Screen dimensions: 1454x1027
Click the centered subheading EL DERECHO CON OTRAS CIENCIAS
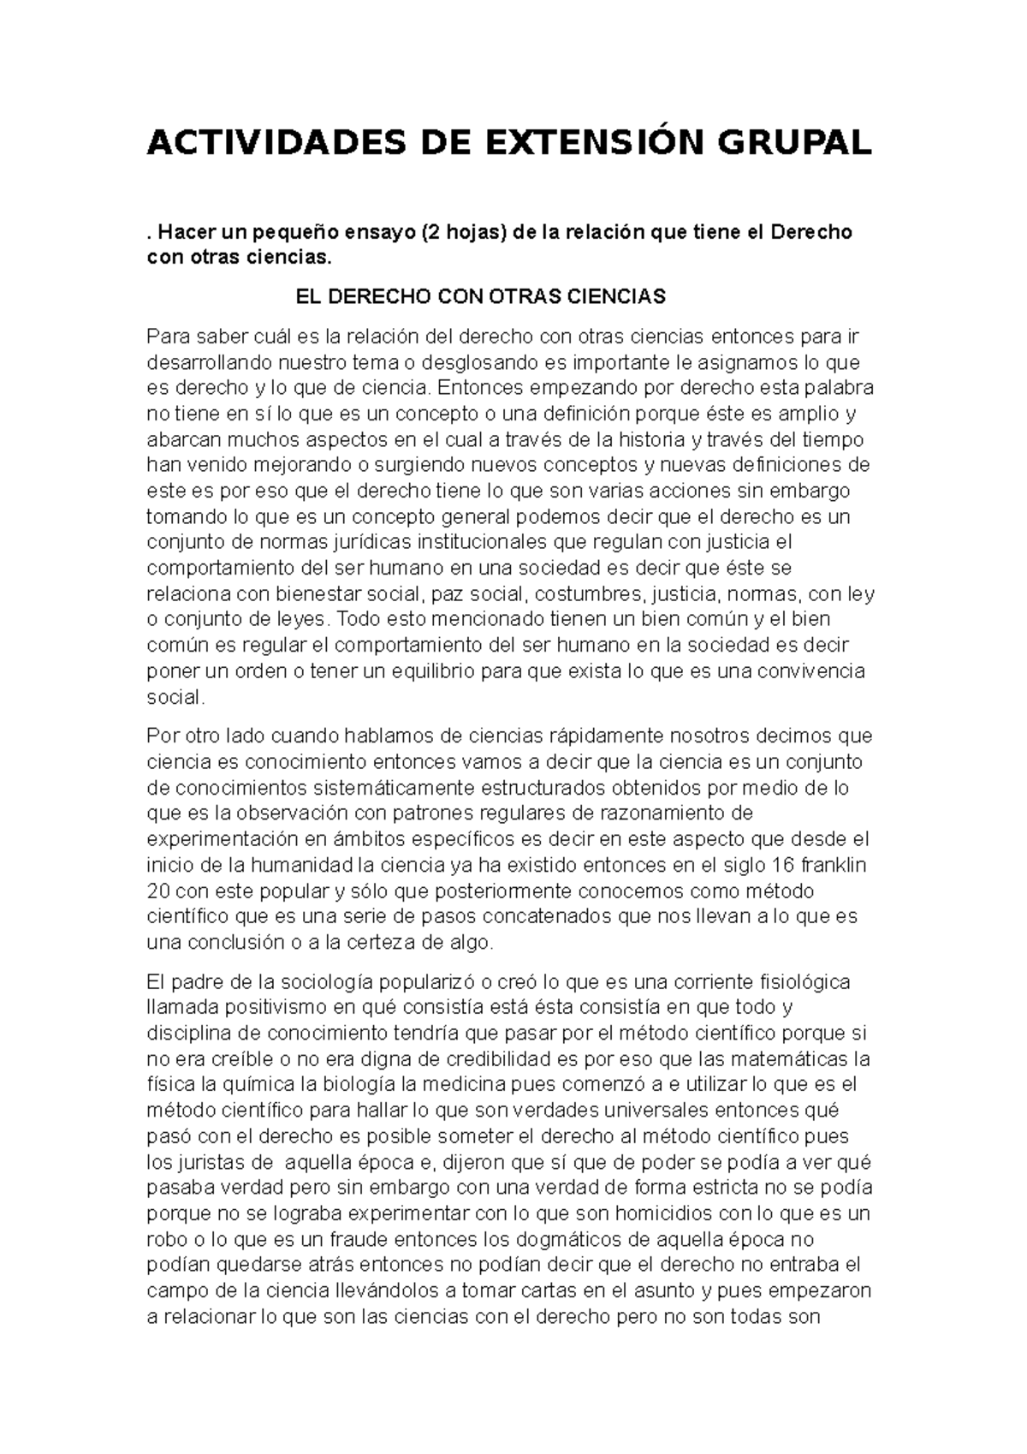(480, 297)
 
